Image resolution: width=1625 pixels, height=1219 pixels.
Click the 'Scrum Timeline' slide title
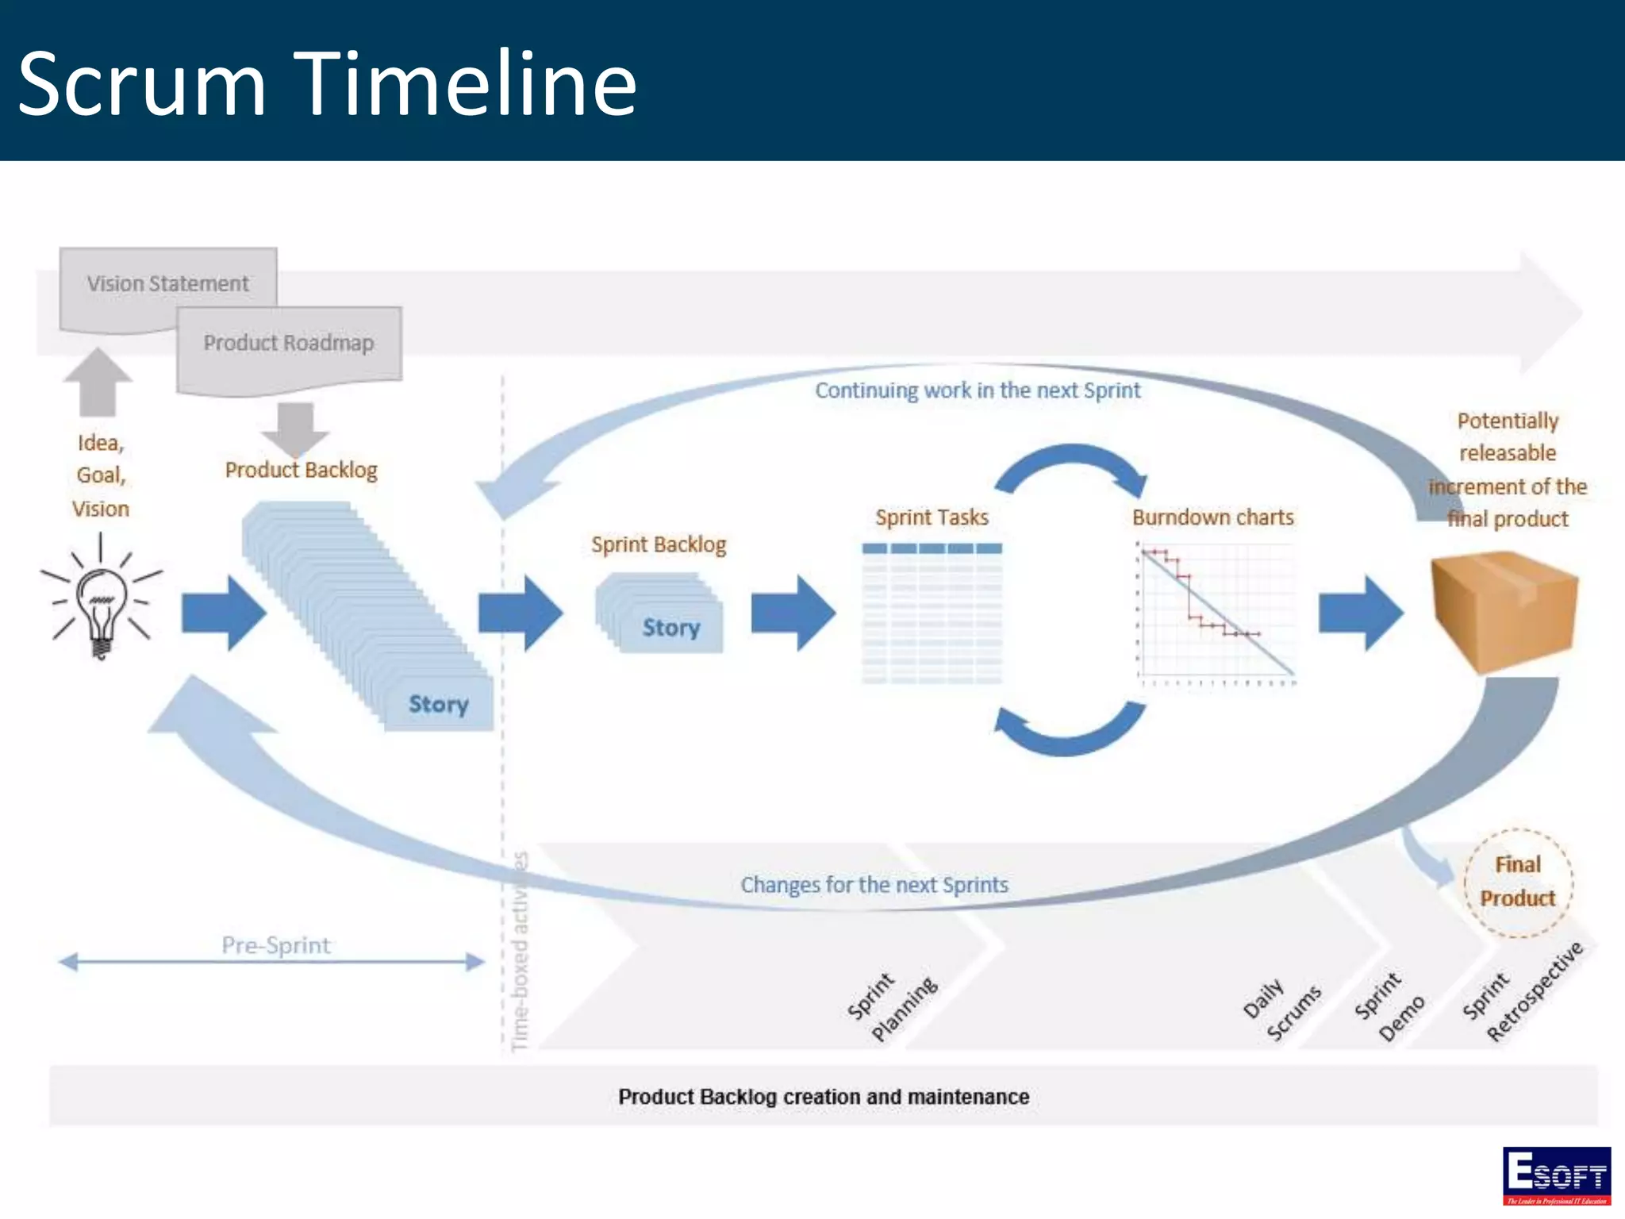pos(327,83)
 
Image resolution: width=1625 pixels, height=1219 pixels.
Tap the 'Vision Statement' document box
pos(167,284)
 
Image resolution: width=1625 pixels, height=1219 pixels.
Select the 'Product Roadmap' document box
pos(289,344)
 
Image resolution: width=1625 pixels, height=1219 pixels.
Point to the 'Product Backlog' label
pos(301,470)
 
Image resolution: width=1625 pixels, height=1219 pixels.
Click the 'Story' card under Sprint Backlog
pos(670,627)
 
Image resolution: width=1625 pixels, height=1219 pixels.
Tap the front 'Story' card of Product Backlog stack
pos(438,704)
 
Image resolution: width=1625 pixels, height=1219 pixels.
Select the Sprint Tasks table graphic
pos(932,613)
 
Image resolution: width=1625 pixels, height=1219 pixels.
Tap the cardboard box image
pos(1503,611)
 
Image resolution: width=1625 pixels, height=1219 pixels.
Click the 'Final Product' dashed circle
pos(1517,882)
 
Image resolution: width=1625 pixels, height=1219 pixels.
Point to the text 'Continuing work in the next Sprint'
pos(977,390)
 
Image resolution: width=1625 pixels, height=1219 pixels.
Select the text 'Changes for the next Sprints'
pos(874,885)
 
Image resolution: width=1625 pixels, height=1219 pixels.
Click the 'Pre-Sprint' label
pos(275,945)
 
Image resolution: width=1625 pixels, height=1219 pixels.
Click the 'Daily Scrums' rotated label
pos(1281,1009)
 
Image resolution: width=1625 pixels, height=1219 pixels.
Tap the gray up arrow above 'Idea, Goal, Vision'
pos(98,382)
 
